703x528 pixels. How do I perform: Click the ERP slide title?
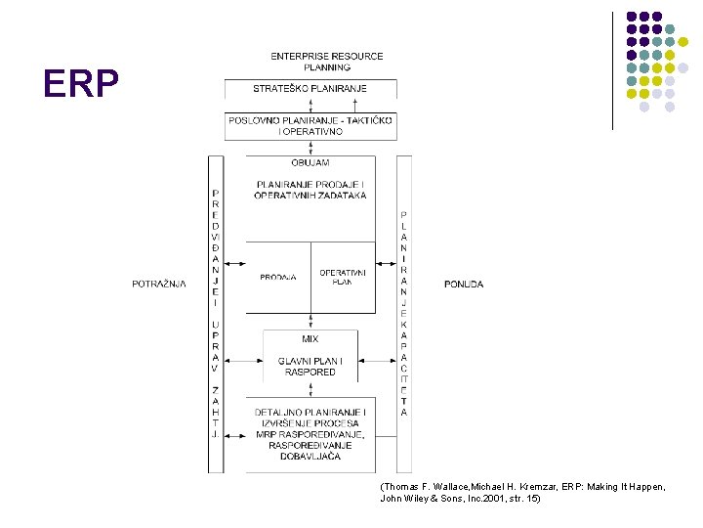point(81,85)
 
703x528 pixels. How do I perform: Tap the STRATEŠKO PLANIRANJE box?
point(310,89)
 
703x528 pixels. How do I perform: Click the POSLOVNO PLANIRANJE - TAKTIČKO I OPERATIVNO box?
point(310,125)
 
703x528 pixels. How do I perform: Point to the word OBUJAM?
point(310,162)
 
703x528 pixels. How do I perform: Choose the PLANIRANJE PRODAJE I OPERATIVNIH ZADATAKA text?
point(310,190)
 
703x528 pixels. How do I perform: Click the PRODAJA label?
point(278,278)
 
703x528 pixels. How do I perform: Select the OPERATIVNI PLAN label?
point(342,277)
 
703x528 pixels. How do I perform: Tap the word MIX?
point(310,339)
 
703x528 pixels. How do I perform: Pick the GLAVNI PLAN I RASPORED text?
point(310,367)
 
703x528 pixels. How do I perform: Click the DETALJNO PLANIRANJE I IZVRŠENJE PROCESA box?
point(310,418)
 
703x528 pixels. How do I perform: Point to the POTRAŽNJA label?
point(159,285)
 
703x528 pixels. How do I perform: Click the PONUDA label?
point(464,285)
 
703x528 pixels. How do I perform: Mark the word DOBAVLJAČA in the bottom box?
point(310,455)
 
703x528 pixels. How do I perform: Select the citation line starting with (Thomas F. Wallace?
point(522,486)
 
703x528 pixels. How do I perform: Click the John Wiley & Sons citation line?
point(459,499)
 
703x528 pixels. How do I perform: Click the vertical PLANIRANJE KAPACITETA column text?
point(404,313)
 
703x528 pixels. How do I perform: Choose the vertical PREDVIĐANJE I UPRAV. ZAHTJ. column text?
point(215,313)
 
